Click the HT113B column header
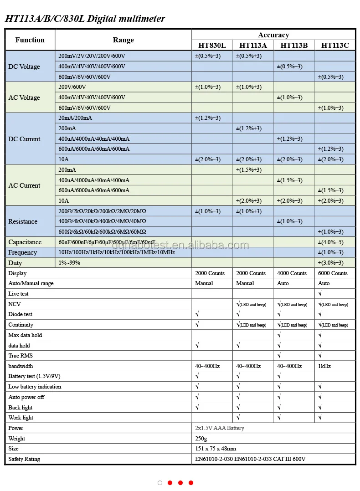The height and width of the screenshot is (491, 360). (x=294, y=45)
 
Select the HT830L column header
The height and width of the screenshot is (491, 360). (x=212, y=45)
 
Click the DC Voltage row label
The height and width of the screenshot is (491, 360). (x=24, y=66)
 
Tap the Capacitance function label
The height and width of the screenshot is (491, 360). (x=25, y=242)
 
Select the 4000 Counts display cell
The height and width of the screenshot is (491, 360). (x=292, y=273)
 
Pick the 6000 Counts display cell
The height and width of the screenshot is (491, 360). (x=333, y=273)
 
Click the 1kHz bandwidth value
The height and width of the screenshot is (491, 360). (x=324, y=366)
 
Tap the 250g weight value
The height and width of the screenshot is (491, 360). (x=201, y=439)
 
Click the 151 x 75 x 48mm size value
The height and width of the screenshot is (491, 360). (x=216, y=449)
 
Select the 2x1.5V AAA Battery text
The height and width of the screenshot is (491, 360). (x=220, y=428)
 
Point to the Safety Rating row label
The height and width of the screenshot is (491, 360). (x=24, y=459)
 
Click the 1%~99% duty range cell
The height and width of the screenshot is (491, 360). (x=69, y=263)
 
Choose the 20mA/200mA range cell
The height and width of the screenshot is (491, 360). (x=75, y=118)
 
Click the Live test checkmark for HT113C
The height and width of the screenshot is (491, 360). (x=320, y=294)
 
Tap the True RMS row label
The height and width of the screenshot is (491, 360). (x=21, y=356)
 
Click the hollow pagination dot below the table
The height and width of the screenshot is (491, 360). (x=160, y=483)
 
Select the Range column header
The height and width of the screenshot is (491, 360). (x=123, y=40)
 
